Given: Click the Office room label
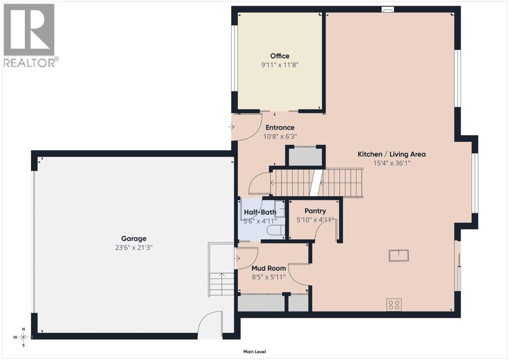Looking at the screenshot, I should click(x=279, y=56).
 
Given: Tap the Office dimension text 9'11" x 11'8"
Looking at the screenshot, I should click(x=279, y=65).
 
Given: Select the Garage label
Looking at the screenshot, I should click(x=133, y=239).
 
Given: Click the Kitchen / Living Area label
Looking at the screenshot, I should click(x=392, y=154).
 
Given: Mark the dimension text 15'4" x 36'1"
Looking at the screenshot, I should click(x=392, y=163).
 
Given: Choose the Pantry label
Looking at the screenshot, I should click(x=315, y=211).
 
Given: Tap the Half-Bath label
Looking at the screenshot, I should click(x=259, y=212).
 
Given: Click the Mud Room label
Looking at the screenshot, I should click(x=269, y=269).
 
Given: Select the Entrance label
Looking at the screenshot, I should click(x=279, y=127).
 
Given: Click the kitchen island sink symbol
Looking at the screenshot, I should click(x=399, y=255).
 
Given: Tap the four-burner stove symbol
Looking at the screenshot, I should click(x=394, y=304).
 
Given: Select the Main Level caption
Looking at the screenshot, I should click(x=254, y=352).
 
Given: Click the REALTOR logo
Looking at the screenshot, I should click(x=29, y=35).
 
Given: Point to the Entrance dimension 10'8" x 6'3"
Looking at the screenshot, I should click(x=279, y=136).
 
